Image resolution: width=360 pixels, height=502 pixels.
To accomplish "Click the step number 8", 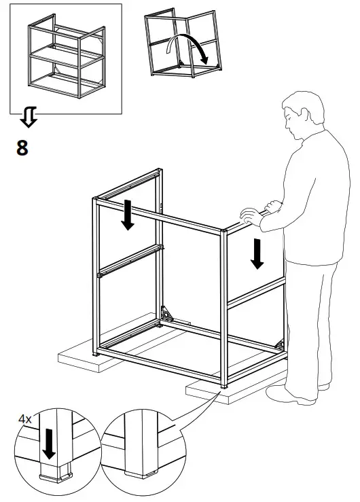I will [22, 147].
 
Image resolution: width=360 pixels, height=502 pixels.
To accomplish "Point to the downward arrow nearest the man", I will [257, 253].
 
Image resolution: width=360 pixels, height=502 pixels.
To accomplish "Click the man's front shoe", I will [289, 394].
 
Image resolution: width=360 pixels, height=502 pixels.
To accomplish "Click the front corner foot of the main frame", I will [223, 387].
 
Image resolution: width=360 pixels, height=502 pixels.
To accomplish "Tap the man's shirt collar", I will [309, 139].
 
